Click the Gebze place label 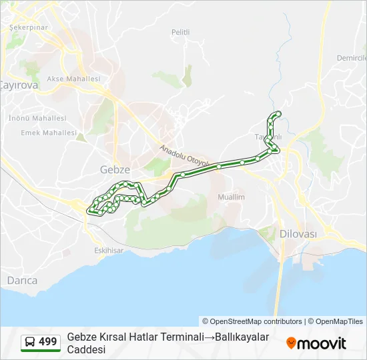(x=115, y=169)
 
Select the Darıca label (x=22, y=281)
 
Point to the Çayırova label (x=18, y=85)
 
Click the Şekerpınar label (x=28, y=27)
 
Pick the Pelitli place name (x=180, y=32)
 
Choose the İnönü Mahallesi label (x=37, y=118)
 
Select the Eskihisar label (x=109, y=251)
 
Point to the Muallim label (x=232, y=197)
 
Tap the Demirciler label (x=352, y=58)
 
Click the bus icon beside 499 (x=30, y=342)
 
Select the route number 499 (x=48, y=342)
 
